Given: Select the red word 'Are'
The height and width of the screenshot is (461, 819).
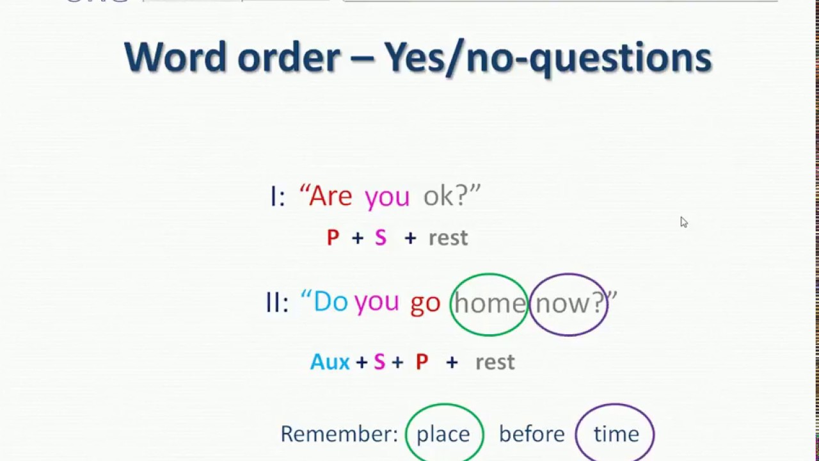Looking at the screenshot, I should click(x=330, y=196).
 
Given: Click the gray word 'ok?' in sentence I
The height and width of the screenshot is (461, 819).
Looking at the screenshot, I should click(x=447, y=196).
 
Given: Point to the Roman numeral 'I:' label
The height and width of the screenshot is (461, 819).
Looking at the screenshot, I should click(x=277, y=197).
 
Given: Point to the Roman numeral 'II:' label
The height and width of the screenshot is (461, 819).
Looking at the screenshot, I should click(x=277, y=302).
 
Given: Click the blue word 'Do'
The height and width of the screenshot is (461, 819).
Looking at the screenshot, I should click(x=330, y=302).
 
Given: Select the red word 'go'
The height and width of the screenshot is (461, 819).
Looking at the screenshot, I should click(x=425, y=303).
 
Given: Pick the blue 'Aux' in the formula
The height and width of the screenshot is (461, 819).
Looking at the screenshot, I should click(x=330, y=362).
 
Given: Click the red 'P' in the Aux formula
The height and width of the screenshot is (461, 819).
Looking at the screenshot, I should click(x=421, y=362).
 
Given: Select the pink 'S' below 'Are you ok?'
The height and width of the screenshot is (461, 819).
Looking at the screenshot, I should click(x=381, y=238).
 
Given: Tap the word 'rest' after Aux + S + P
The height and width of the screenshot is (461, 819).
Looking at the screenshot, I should click(x=495, y=362).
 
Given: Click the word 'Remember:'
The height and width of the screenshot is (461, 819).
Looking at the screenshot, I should click(x=339, y=434).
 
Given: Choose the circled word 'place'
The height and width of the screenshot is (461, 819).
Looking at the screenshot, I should click(x=443, y=434).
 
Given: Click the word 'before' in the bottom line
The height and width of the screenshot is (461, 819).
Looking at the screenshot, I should click(x=532, y=434).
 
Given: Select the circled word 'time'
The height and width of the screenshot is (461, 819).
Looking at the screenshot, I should click(x=616, y=434).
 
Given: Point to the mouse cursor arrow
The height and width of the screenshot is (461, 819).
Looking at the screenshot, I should click(x=683, y=222).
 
